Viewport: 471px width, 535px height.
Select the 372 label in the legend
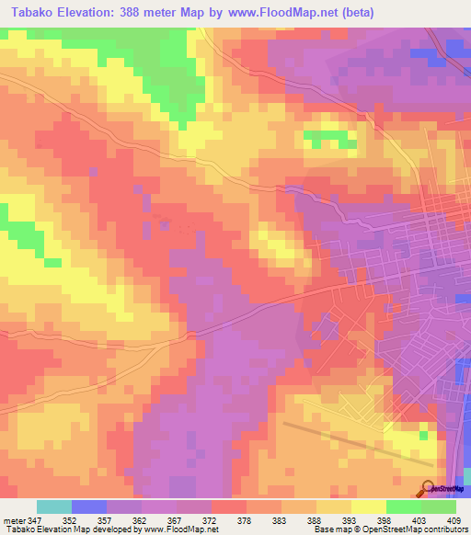(x=211, y=519)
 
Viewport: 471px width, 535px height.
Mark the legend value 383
(x=280, y=519)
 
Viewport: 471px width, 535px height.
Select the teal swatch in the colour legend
(x=53, y=507)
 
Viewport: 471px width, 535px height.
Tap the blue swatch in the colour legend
(x=88, y=507)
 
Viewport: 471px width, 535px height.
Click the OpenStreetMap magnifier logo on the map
(x=429, y=487)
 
